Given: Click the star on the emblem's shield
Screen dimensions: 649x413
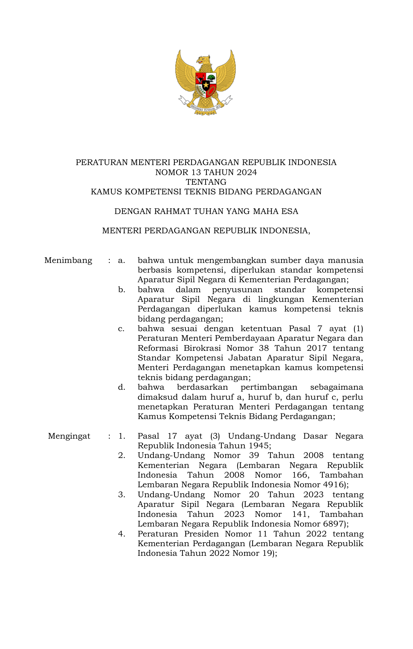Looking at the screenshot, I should (x=206, y=86).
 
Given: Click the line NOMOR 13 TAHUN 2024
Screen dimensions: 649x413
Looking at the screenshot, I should (x=206, y=172).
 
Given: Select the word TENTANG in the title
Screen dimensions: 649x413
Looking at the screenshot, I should (x=206, y=182).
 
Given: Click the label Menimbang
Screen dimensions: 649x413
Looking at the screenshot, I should (x=68, y=260).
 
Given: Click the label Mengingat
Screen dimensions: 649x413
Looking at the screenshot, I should (x=69, y=436).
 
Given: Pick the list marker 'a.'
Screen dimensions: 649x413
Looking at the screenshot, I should (x=121, y=260).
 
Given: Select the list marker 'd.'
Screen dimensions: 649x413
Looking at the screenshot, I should (x=121, y=387).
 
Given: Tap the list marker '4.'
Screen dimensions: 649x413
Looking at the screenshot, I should (x=121, y=534).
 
